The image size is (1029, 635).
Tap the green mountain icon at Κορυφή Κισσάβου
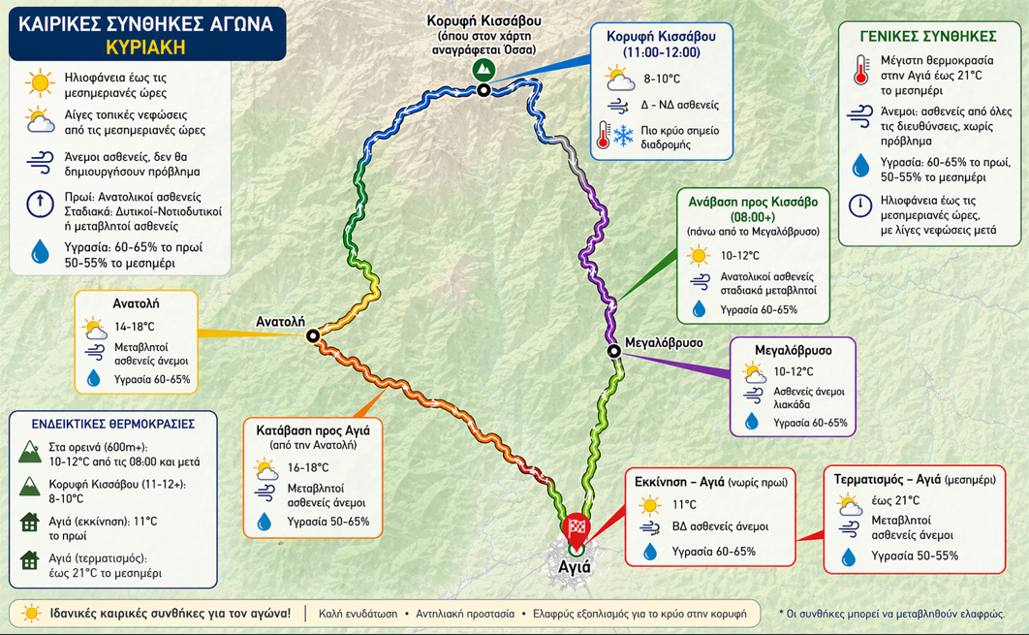(x=483, y=70)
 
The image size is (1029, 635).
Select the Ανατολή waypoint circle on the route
(x=313, y=336)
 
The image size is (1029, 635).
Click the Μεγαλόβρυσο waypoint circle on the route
(x=614, y=351)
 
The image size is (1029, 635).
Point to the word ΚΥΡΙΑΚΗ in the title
(x=146, y=47)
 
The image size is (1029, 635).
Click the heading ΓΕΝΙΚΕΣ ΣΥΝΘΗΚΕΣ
(x=927, y=36)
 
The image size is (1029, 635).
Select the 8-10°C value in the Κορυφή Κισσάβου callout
(x=662, y=78)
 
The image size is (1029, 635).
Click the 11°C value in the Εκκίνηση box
(x=684, y=504)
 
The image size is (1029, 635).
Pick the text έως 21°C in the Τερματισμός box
(x=894, y=500)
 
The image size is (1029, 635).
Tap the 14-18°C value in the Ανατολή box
(x=135, y=327)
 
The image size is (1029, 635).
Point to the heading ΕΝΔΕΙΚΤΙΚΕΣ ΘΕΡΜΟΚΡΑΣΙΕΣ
(x=113, y=424)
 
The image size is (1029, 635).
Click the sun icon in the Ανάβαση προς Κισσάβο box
(x=698, y=256)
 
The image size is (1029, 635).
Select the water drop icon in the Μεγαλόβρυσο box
(x=752, y=422)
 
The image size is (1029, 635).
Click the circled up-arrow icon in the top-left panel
(x=40, y=204)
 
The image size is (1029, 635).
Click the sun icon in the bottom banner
(x=31, y=613)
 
